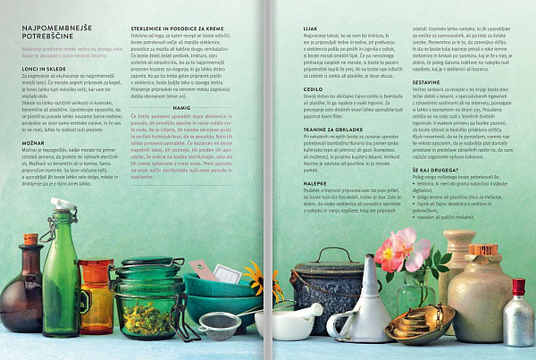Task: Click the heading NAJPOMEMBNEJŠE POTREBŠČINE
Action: [x=54, y=35]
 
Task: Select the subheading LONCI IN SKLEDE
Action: [x=40, y=67]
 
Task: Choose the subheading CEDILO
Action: [x=303, y=90]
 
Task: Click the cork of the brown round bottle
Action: [x=30, y=240]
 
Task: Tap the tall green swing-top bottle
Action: [x=60, y=286]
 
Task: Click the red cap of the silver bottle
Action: [x=517, y=287]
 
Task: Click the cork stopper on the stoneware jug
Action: [x=482, y=249]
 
